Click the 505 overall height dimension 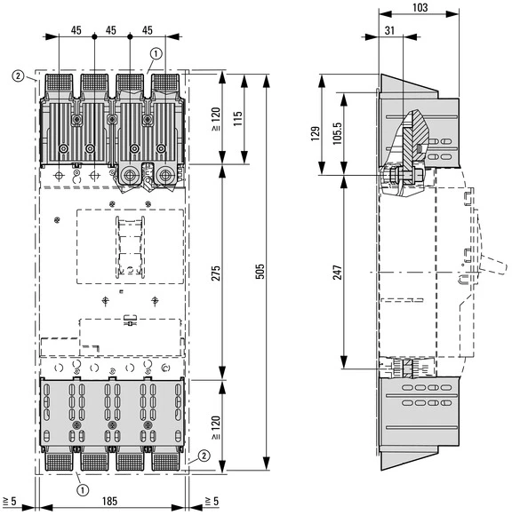tap(260, 271)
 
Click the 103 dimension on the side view tap(420, 8)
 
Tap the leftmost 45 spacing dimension tap(76, 31)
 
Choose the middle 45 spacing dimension tap(112, 31)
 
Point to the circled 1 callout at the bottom tap(82, 487)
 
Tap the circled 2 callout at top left tap(18, 75)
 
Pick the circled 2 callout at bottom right tap(205, 456)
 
